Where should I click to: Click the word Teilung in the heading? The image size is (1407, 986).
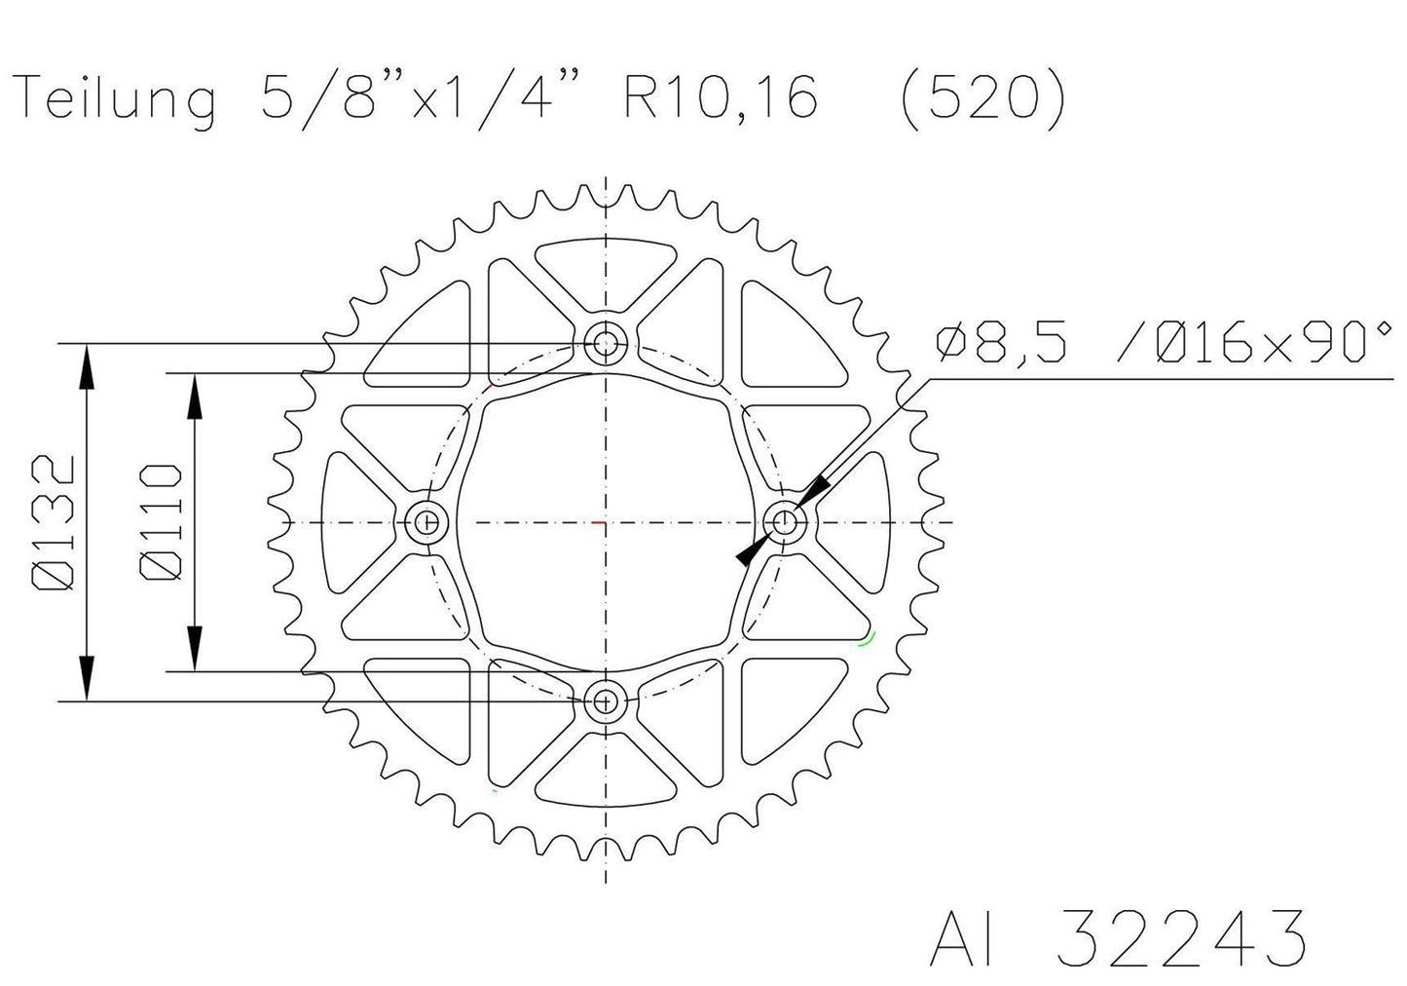(117, 100)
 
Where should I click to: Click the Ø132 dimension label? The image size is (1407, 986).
(55, 521)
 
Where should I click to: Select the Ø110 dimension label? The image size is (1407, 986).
(162, 521)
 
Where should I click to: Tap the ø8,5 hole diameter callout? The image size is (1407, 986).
(1013, 343)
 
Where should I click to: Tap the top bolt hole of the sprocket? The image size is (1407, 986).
(606, 343)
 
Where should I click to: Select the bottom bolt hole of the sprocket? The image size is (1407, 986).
(606, 700)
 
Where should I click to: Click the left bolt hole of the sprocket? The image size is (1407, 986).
(426, 521)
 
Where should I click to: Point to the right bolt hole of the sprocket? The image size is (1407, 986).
(785, 521)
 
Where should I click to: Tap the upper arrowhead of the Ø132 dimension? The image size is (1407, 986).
(88, 367)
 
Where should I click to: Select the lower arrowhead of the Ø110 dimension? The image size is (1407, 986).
(195, 647)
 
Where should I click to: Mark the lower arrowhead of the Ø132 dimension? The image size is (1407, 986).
(88, 676)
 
